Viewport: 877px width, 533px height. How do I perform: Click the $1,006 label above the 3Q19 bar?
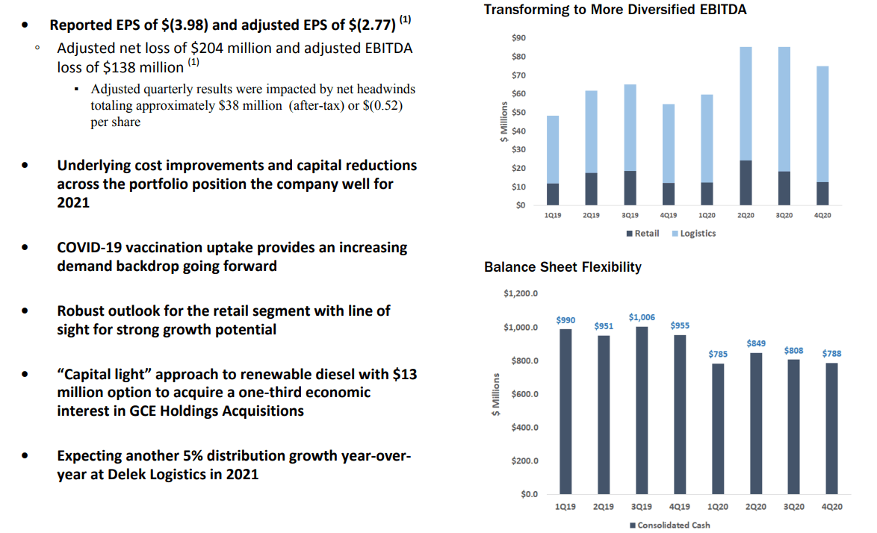click(x=642, y=317)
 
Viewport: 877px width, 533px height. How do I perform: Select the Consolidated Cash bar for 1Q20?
click(x=718, y=428)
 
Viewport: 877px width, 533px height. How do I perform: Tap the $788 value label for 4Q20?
click(x=831, y=353)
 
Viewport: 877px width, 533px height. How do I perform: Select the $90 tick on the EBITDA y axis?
click(x=518, y=38)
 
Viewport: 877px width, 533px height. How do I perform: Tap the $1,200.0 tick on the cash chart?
click(x=521, y=293)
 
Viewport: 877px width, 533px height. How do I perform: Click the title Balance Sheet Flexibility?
click(x=563, y=267)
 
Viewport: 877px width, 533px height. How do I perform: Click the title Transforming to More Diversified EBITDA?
click(x=615, y=10)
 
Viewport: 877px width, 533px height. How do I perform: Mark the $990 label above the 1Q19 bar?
click(x=565, y=320)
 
